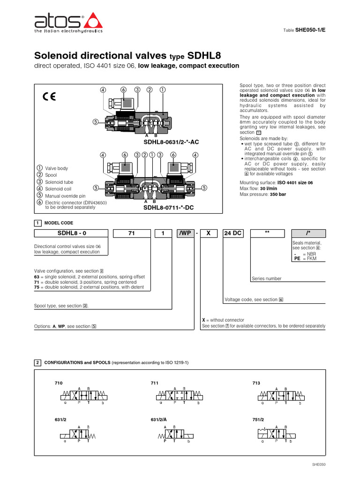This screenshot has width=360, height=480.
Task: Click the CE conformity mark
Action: [49, 97]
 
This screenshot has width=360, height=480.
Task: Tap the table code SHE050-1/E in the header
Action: [310, 30]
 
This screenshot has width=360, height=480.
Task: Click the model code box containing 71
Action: [131, 233]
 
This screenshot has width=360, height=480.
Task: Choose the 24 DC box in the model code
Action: [233, 233]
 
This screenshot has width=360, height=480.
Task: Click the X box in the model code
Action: [209, 233]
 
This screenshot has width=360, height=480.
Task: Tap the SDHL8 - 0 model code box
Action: [71, 233]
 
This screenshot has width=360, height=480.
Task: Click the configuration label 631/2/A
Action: [159, 420]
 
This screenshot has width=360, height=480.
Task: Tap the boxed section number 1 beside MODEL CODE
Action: [37, 223]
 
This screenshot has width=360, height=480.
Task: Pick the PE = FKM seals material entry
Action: [305, 258]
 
